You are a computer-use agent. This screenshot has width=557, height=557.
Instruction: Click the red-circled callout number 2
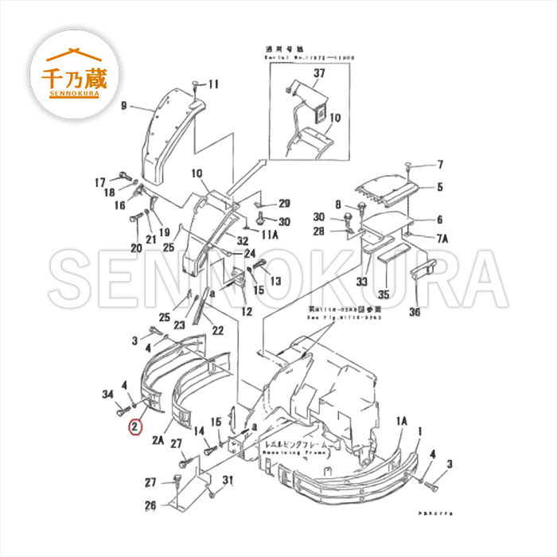(x=137, y=427)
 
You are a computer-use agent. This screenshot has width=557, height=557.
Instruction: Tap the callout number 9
(x=124, y=106)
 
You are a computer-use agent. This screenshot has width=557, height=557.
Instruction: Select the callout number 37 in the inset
(x=319, y=73)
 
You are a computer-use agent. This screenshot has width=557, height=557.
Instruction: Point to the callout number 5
(x=439, y=188)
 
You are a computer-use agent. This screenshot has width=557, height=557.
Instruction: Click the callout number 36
(x=414, y=312)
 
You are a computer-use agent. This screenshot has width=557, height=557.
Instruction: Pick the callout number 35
(x=384, y=294)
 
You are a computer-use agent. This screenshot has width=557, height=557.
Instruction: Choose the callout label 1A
(x=401, y=420)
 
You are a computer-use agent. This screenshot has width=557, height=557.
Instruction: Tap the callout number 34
(x=108, y=393)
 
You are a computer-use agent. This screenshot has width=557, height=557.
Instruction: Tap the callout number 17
(x=101, y=181)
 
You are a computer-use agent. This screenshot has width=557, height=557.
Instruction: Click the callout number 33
(x=361, y=281)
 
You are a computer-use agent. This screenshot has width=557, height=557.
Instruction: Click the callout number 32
(x=242, y=240)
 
